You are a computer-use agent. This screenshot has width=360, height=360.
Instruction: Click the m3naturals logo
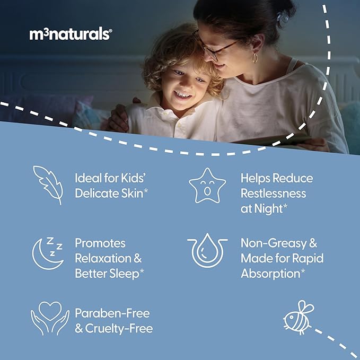coord(71,34)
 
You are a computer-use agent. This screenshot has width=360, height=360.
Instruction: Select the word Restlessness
coord(273,193)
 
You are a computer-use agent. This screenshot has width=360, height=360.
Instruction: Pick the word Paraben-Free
coord(112,313)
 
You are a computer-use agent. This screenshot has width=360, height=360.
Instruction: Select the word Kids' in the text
coord(135,178)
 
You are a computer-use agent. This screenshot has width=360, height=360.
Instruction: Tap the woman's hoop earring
coord(254,57)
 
